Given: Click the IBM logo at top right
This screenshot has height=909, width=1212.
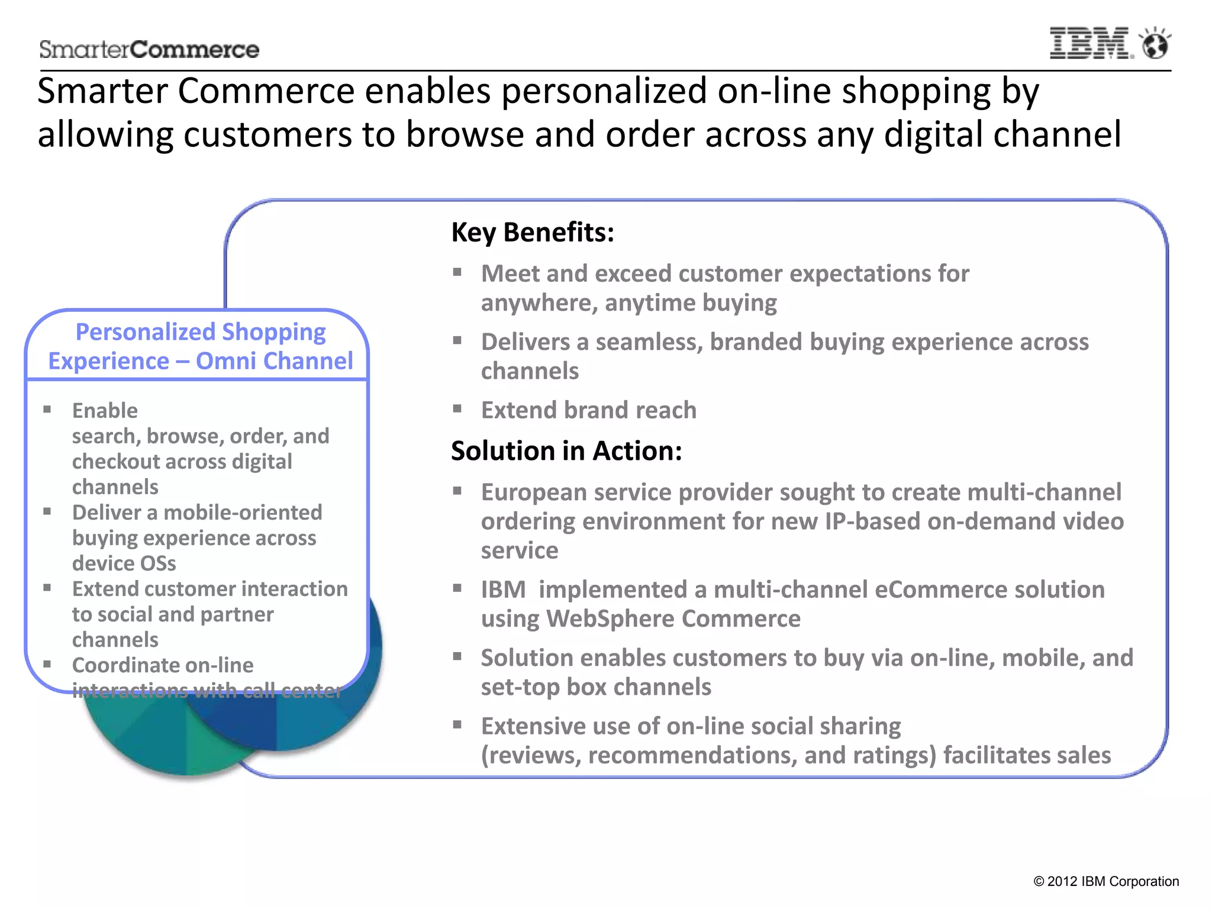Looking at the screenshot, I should point(1090,43).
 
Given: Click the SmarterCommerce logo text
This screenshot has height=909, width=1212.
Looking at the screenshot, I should point(149,50).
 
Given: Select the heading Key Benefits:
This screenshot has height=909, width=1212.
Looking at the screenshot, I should point(533,232).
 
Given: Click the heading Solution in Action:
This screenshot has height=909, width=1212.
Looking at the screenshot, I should point(566,451).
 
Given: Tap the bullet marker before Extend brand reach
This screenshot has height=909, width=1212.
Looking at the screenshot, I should point(457,408).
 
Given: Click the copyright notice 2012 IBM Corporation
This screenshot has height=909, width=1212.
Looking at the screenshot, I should point(1106,881).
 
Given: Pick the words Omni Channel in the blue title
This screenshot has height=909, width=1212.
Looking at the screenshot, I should point(274,361).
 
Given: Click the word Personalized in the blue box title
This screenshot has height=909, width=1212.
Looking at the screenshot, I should point(145,332).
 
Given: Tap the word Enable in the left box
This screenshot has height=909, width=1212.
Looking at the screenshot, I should point(105,411).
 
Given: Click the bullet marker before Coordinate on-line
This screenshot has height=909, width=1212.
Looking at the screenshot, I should point(47,664).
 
